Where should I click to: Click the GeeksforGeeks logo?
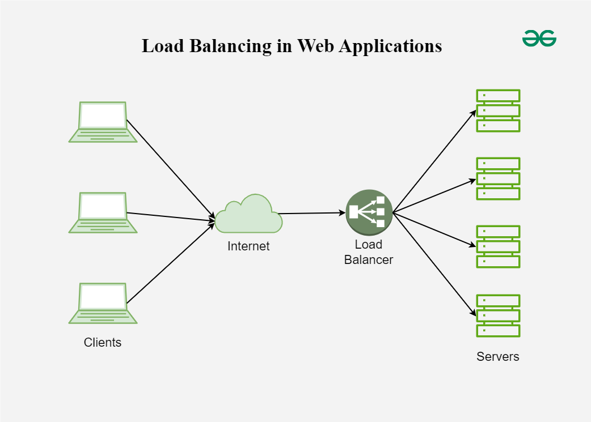coord(539,39)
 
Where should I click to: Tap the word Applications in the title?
coord(390,46)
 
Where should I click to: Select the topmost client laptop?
coord(103,122)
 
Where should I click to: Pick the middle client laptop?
coord(103,212)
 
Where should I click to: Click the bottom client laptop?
coord(103,303)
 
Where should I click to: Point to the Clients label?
coord(103,342)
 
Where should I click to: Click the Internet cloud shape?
coord(248,215)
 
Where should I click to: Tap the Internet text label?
coord(248,246)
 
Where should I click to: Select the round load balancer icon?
coord(369,212)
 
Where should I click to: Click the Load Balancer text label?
coord(369,253)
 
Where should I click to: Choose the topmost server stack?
coord(498,110)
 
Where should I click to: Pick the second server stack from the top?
coord(498,178)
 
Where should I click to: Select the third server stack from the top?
coord(498,246)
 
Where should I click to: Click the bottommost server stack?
coord(498,316)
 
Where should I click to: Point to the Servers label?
coord(498,356)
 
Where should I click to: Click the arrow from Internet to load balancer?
coord(312,214)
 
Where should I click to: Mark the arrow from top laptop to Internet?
coord(170,169)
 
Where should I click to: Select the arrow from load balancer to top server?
coord(434,161)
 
